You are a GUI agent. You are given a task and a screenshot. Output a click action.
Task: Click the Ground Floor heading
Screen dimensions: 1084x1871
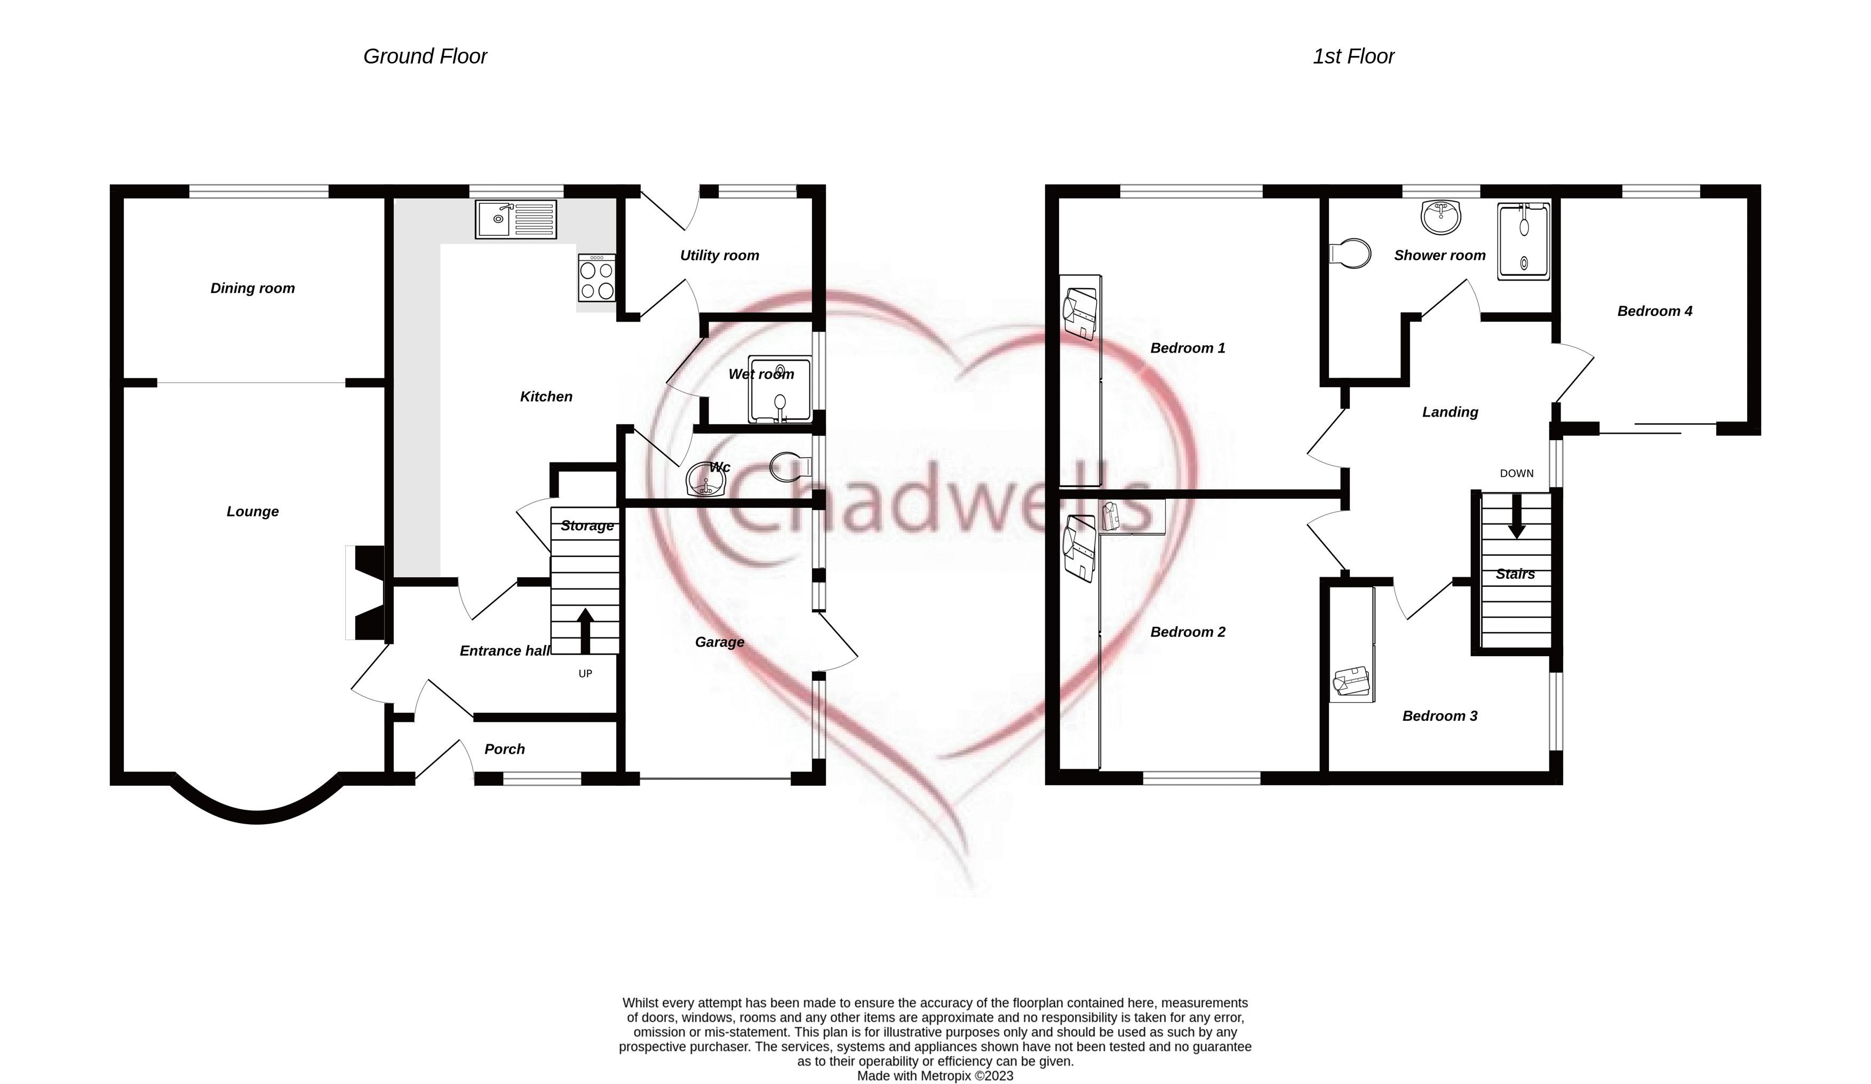[x=425, y=57]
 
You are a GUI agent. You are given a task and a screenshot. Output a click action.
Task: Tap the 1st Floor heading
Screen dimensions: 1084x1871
[x=1353, y=57]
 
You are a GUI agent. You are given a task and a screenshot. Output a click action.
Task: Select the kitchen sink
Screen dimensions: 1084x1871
[x=515, y=219]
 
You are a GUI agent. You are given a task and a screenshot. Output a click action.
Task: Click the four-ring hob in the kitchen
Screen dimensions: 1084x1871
[x=596, y=278]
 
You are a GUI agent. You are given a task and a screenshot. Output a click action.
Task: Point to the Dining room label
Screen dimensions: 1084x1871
[x=252, y=288]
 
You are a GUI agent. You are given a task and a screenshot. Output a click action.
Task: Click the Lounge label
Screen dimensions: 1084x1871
[x=252, y=512]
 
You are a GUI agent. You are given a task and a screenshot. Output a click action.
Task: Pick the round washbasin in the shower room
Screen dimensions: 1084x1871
[x=1440, y=216]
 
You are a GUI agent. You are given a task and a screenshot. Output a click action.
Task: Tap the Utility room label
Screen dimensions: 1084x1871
[x=720, y=256]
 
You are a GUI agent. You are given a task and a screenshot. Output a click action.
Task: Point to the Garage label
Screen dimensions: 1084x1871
[x=720, y=642]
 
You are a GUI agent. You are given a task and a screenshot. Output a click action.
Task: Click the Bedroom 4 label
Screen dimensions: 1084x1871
[x=1654, y=311]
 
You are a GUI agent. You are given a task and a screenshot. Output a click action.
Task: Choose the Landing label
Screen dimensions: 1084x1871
[x=1450, y=412]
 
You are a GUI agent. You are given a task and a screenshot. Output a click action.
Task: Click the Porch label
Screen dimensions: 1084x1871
[x=504, y=749]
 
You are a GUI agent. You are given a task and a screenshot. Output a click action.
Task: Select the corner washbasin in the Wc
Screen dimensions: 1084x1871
[x=703, y=480]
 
